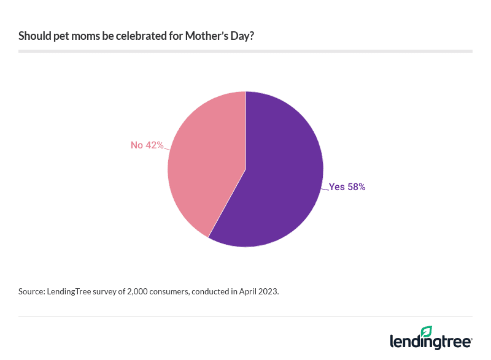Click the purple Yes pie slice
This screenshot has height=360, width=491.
tap(276, 184)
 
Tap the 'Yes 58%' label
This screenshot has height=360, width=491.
tap(347, 187)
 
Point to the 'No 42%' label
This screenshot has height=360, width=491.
tap(147, 145)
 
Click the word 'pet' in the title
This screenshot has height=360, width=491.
tap(65, 36)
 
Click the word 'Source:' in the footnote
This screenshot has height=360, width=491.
tap(31, 292)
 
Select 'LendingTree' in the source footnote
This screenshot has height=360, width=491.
tap(71, 292)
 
